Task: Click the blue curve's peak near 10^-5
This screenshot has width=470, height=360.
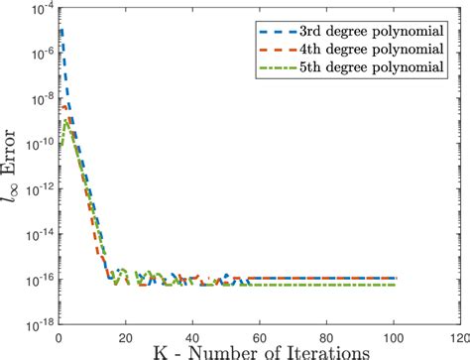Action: tap(62, 32)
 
